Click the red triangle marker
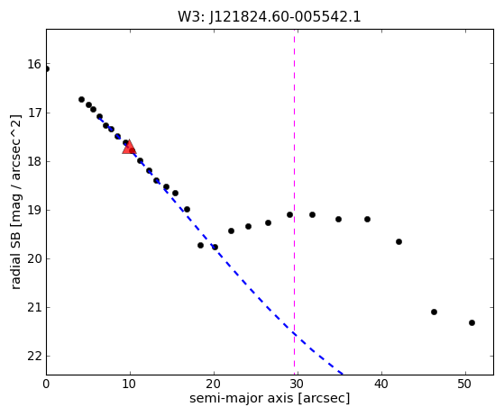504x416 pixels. (x=129, y=147)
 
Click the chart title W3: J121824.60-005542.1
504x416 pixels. (x=270, y=16)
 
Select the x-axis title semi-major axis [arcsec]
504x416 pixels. (x=270, y=398)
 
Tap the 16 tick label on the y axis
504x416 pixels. (x=34, y=64)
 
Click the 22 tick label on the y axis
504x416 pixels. (x=34, y=356)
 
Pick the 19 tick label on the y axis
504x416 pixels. (x=34, y=210)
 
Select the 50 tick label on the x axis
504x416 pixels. (x=465, y=384)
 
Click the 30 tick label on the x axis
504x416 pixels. (x=298, y=384)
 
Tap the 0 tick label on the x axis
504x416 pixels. (x=46, y=384)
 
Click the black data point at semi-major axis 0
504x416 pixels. (x=47, y=69)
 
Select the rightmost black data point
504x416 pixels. (x=472, y=323)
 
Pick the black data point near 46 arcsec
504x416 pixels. (x=434, y=312)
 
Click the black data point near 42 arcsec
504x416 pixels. (x=399, y=242)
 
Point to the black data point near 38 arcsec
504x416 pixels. (x=367, y=220)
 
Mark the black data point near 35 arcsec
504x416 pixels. (x=338, y=220)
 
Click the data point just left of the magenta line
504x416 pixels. (x=290, y=214)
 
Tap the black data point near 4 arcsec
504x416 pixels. (x=82, y=100)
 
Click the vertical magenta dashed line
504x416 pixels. (x=295, y=202)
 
